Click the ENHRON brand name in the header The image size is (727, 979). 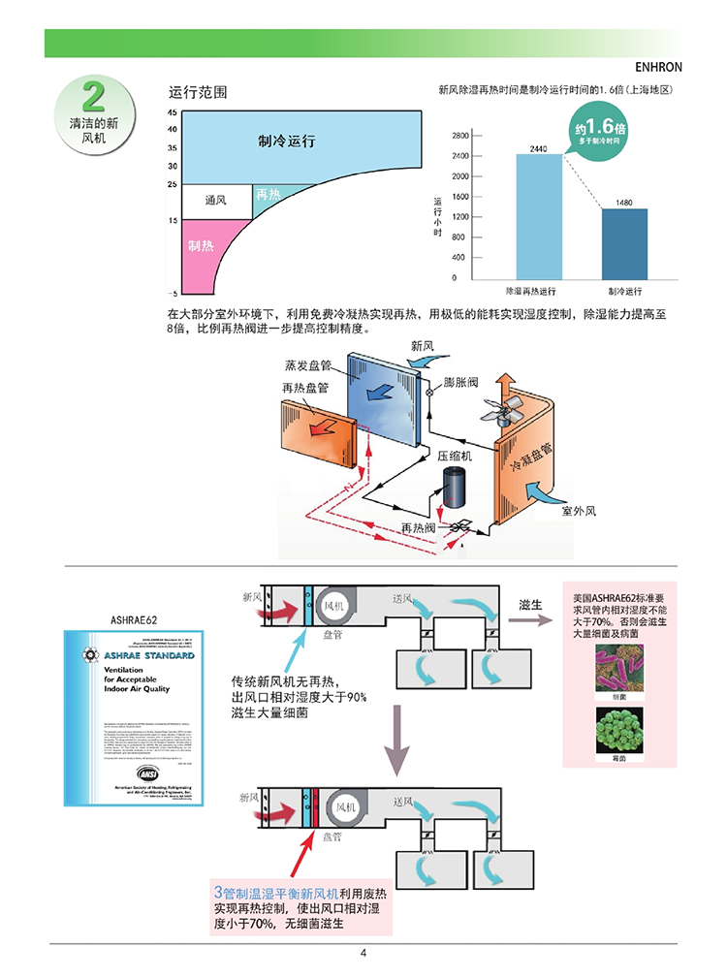pyautogui.click(x=658, y=69)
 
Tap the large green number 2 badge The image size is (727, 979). pyautogui.click(x=93, y=97)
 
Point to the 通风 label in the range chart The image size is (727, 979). pyautogui.click(x=215, y=201)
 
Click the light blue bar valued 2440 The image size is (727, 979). pyautogui.click(x=538, y=217)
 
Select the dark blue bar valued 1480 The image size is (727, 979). pyautogui.click(x=624, y=243)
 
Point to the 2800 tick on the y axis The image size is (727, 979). pyautogui.click(x=460, y=135)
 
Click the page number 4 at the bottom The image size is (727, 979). pyautogui.click(x=363, y=954)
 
